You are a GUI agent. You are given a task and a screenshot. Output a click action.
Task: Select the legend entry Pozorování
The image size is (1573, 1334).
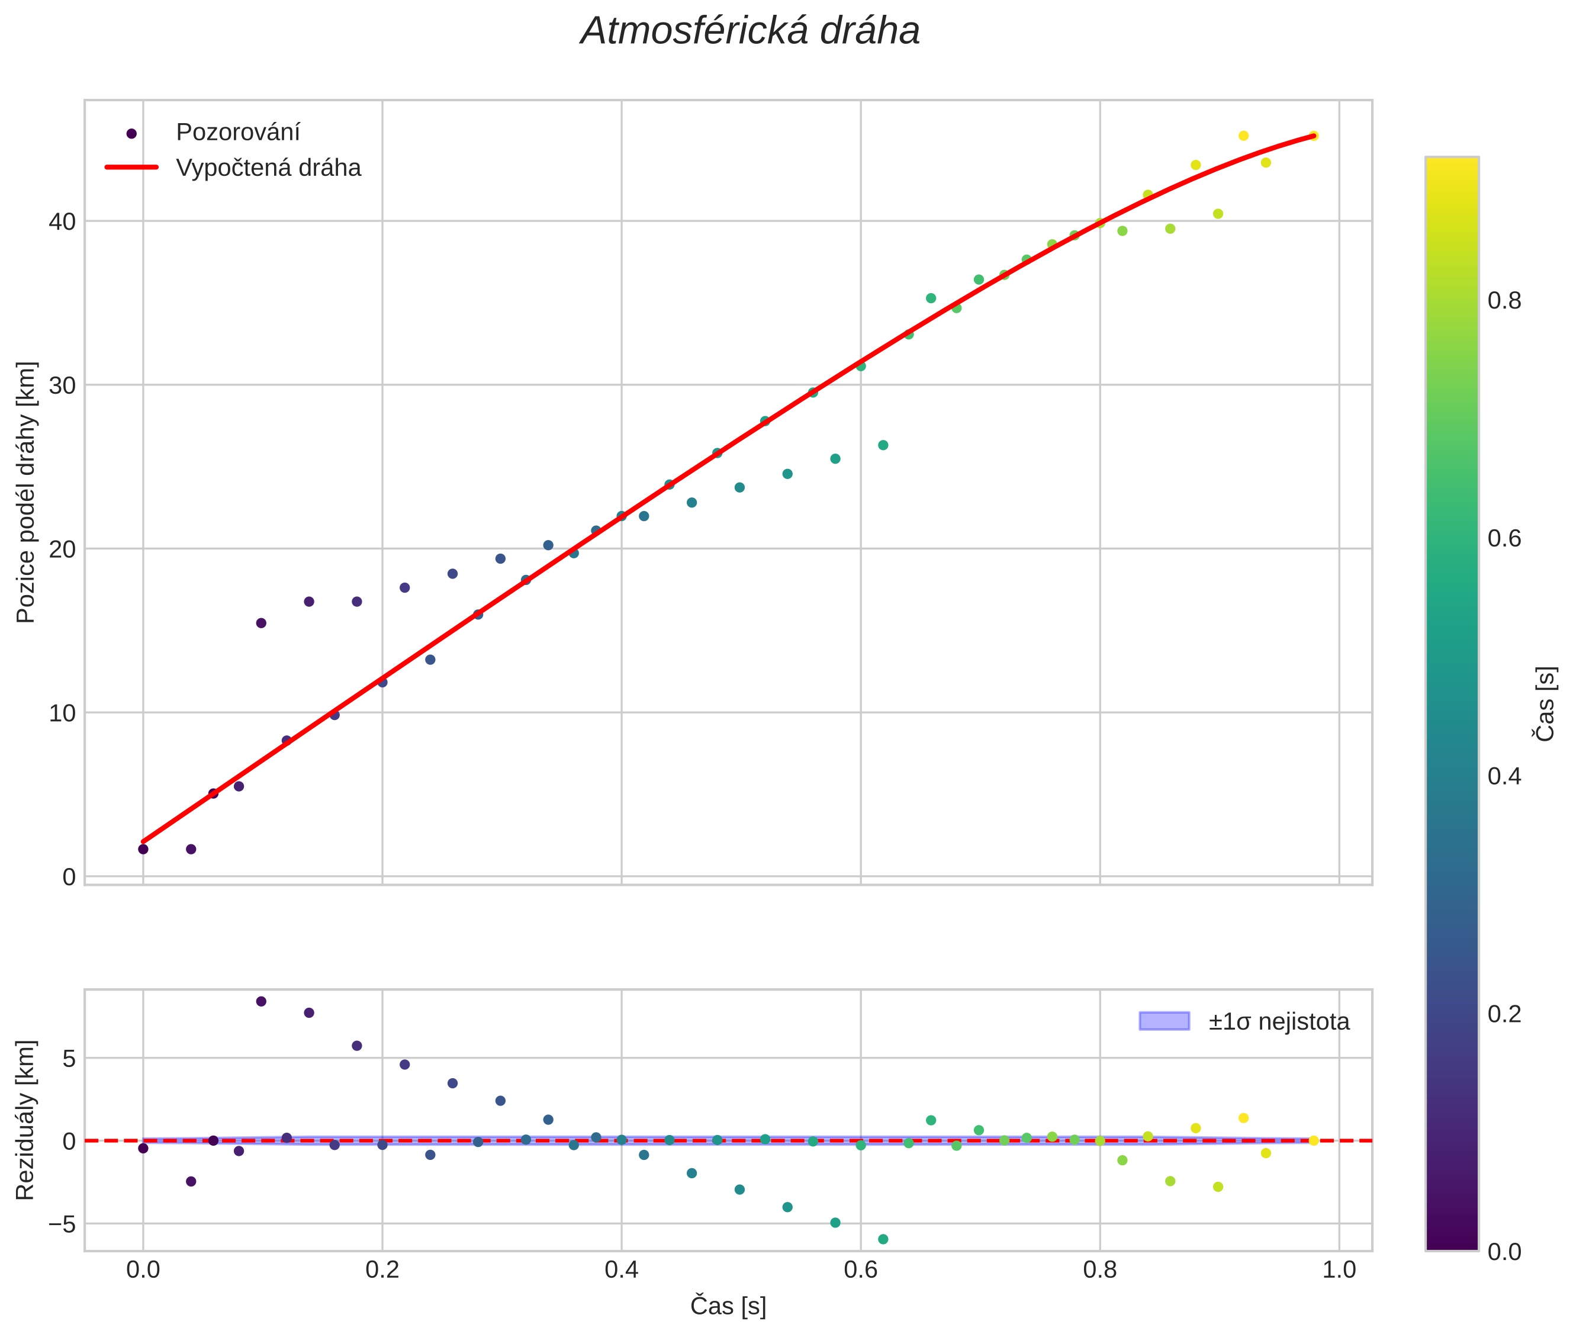tap(237, 133)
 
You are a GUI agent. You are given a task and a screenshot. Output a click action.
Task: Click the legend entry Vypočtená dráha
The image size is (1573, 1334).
tap(268, 168)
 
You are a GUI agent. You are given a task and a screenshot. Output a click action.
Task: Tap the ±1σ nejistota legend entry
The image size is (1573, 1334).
tap(1278, 1022)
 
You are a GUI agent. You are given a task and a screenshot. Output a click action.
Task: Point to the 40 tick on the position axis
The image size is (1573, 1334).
tap(63, 221)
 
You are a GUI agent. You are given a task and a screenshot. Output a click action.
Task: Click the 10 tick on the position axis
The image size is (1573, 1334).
tap(63, 713)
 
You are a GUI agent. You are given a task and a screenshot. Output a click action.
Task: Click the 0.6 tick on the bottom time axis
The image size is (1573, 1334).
tap(861, 1269)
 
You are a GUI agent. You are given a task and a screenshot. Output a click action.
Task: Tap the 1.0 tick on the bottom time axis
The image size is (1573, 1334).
tap(1339, 1269)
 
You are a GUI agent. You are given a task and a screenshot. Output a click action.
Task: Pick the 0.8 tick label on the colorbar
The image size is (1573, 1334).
tap(1504, 301)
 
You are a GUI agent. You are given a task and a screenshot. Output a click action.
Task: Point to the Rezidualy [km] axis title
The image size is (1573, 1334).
tap(25, 1120)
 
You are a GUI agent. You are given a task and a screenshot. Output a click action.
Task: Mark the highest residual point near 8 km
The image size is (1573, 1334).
tap(261, 1001)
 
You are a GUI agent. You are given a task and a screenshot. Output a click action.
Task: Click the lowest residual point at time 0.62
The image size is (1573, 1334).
tap(883, 1239)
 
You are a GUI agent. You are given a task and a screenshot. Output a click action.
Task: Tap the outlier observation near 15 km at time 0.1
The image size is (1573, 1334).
tap(261, 623)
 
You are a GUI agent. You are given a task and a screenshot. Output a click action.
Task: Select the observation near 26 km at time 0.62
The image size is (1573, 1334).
tap(883, 445)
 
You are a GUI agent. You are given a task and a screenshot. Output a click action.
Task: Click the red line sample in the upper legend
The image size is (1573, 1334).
tap(131, 167)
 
